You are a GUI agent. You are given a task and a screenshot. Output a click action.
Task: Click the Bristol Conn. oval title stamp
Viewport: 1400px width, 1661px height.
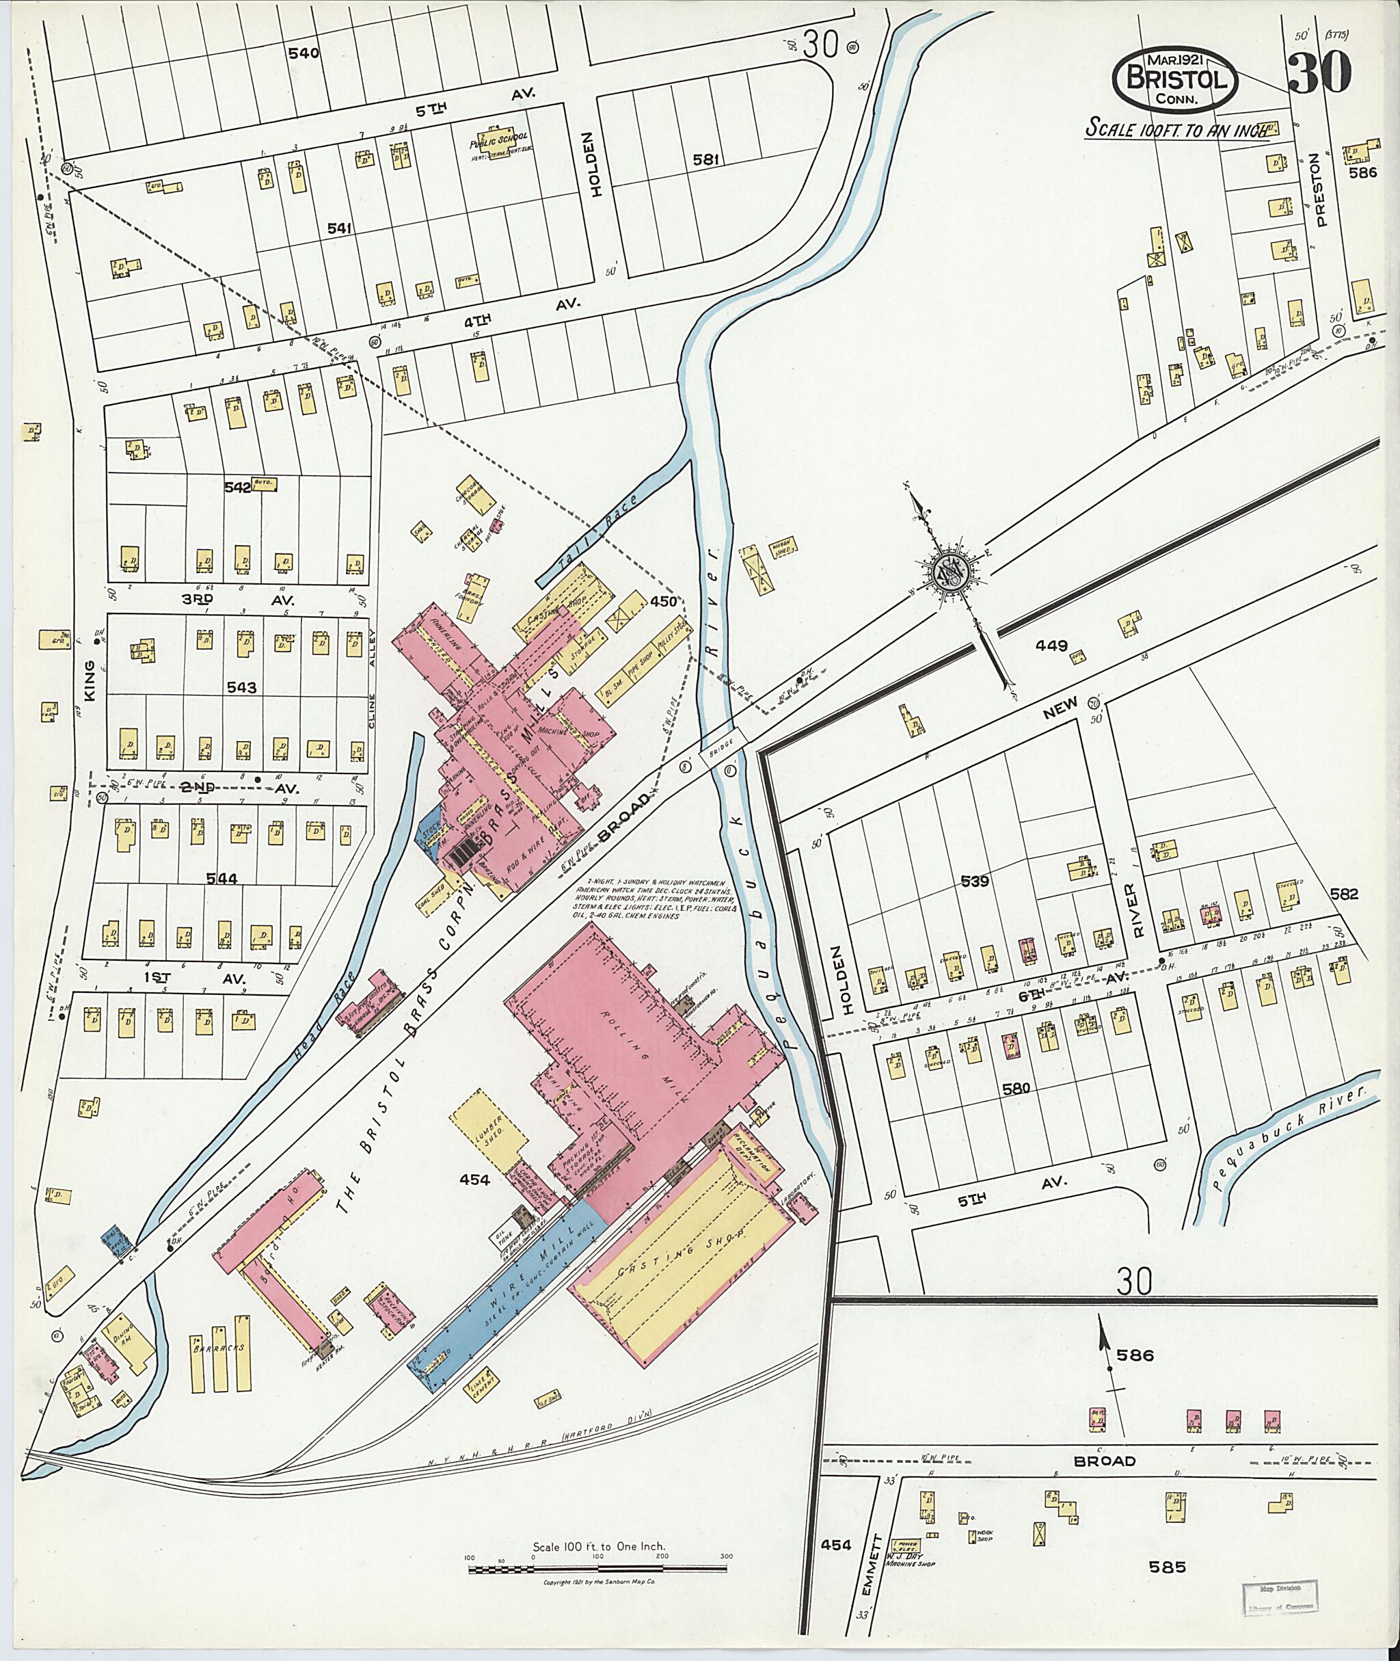coord(1175,81)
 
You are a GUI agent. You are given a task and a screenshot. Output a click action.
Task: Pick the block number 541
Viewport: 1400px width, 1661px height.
coord(340,228)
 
